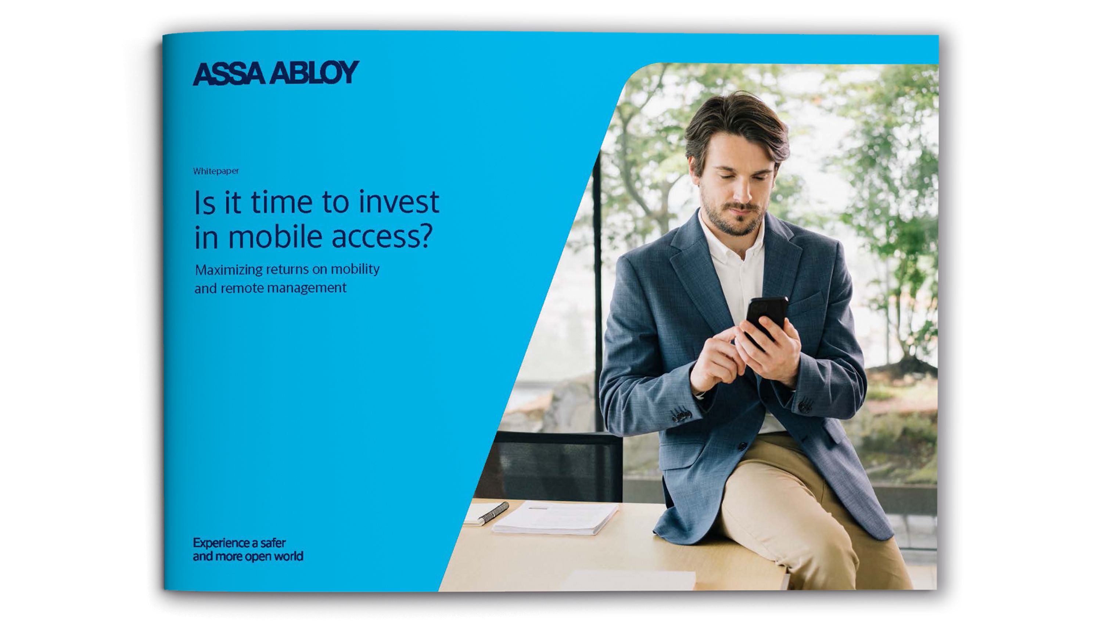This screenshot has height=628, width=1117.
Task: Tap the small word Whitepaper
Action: tap(216, 171)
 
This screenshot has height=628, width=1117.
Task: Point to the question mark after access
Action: tap(426, 236)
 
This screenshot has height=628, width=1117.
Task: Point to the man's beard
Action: tap(733, 219)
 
